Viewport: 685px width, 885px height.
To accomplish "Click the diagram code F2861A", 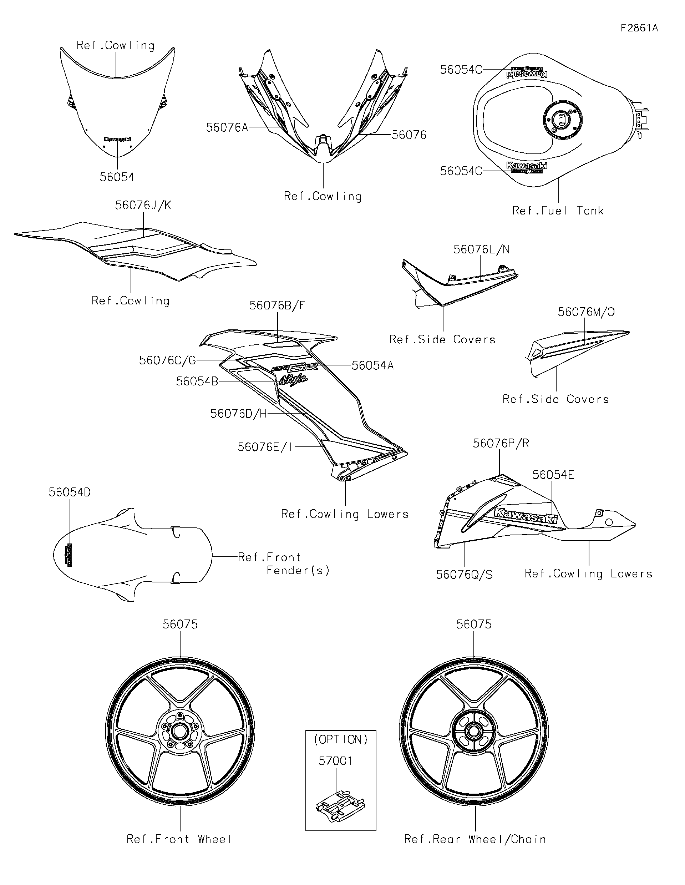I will (x=639, y=28).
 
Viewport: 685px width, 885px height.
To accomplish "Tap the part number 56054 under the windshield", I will (x=117, y=177).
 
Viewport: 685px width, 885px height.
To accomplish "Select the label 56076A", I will (x=227, y=128).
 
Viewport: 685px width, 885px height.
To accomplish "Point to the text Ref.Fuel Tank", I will (x=557, y=211).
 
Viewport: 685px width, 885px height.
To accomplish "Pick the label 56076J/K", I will (x=143, y=205).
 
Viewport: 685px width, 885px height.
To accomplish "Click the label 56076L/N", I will (x=481, y=249).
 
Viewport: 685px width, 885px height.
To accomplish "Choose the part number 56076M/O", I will (x=586, y=312).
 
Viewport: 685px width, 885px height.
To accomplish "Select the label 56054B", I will (x=197, y=381).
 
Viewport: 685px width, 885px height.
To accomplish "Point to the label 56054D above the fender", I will (x=70, y=492).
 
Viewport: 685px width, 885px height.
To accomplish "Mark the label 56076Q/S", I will (x=464, y=575).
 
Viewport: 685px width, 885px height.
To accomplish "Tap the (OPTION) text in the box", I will (x=341, y=739).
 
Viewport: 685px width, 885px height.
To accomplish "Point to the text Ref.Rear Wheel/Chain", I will (x=475, y=839).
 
